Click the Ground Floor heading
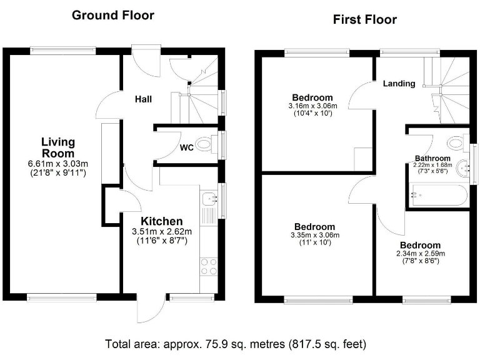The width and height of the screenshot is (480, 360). point(112,15)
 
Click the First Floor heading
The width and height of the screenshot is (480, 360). point(364,19)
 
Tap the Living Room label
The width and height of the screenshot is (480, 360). point(57,147)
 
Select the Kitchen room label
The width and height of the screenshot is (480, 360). point(161,221)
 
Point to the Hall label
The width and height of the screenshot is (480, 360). point(143,99)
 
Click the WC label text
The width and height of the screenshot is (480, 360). point(186,148)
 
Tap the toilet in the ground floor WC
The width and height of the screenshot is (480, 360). point(204,145)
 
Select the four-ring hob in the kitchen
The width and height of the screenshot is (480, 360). point(209,267)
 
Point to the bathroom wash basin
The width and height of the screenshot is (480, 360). point(463,167)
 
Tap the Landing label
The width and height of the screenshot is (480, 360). point(399,83)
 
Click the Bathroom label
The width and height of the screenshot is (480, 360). point(432,158)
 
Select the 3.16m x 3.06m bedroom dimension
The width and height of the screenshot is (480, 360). point(312,106)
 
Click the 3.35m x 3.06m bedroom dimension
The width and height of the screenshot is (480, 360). point(313,235)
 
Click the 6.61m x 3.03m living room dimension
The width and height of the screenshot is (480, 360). point(57,164)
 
